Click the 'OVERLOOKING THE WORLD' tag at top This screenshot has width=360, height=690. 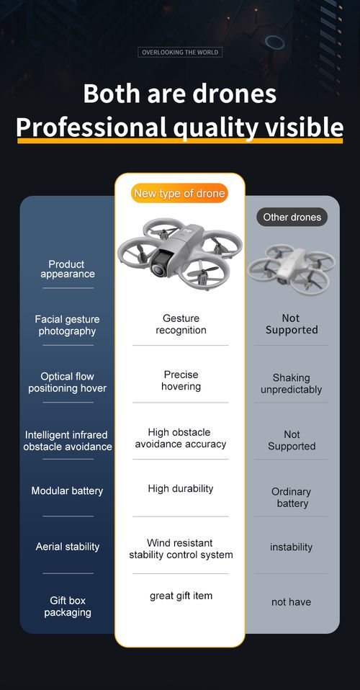coord(180,53)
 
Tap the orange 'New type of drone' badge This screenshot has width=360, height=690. coord(179,193)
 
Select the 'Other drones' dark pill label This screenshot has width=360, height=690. coord(292,217)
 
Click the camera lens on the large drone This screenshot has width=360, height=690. coord(158,269)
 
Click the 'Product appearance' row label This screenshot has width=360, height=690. coord(67,269)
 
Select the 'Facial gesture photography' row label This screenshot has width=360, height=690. coord(67,326)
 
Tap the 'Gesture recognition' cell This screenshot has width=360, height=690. coord(181,324)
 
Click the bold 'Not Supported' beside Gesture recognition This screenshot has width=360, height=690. coord(291,324)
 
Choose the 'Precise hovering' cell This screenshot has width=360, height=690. coord(181,380)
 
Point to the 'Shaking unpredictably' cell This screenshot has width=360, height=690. coord(291,384)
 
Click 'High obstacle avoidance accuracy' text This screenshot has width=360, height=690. coord(180,438)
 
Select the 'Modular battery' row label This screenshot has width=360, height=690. coord(67,490)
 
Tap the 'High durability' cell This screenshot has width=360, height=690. coord(181,488)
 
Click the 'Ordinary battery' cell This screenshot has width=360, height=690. coord(291,497)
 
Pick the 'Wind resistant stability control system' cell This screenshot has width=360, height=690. coord(181,549)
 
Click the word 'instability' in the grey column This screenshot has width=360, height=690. coord(291,547)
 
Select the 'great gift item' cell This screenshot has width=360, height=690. coord(181,596)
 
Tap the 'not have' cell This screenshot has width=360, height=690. coord(291,602)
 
